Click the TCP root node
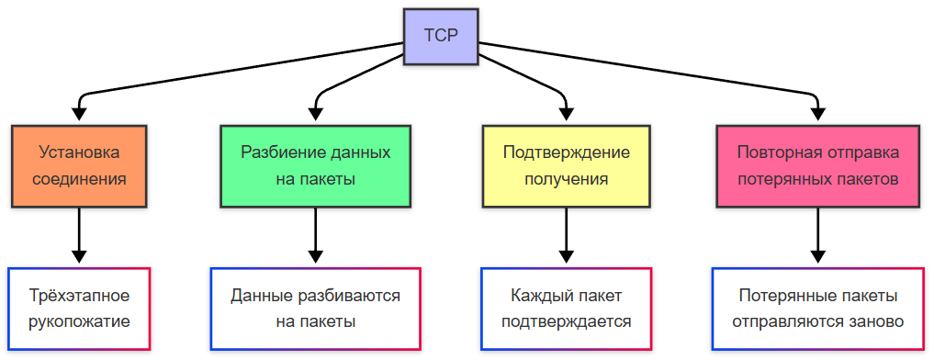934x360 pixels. [x=440, y=37]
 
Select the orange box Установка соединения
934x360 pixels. [x=79, y=165]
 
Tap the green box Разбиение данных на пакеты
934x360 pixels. [x=315, y=165]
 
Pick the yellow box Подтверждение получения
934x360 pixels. [x=566, y=165]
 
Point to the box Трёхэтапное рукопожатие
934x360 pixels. [x=79, y=309]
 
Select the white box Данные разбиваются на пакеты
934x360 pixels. [x=315, y=309]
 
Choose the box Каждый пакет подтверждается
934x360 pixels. [x=566, y=309]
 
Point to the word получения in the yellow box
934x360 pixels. [x=566, y=178]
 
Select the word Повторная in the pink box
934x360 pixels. [x=772, y=152]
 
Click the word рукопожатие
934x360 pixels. [x=79, y=321]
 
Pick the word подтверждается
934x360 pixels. [x=566, y=321]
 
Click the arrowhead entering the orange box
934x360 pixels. [x=79, y=115]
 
